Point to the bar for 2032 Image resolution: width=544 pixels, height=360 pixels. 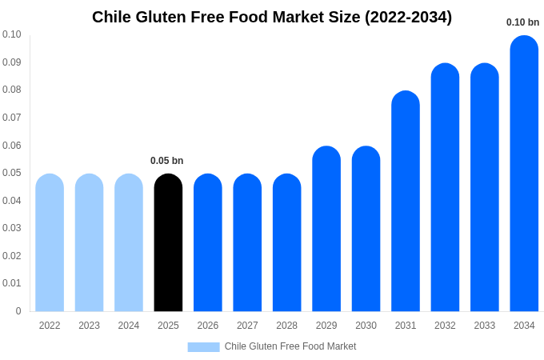[x=445, y=187]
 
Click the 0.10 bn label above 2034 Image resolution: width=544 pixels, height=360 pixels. [x=522, y=22]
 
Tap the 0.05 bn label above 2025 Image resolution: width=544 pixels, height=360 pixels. [x=166, y=161]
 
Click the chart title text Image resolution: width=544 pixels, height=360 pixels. [x=272, y=17]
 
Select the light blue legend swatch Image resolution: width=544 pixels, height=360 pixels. [x=203, y=347]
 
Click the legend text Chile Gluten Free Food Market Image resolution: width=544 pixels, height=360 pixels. [x=290, y=346]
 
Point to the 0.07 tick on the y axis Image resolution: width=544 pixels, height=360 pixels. [x=11, y=118]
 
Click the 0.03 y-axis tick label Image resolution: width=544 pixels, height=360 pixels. [x=11, y=228]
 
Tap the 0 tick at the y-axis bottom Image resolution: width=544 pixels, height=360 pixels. [x=18, y=311]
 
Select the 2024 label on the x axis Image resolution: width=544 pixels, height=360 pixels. [x=129, y=326]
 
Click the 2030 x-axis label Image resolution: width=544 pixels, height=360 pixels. [x=366, y=326]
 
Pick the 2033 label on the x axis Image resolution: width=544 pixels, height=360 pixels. [x=484, y=326]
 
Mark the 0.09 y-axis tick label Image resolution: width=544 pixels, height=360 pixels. [x=11, y=62]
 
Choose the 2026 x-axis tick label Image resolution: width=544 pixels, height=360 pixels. [x=208, y=326]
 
